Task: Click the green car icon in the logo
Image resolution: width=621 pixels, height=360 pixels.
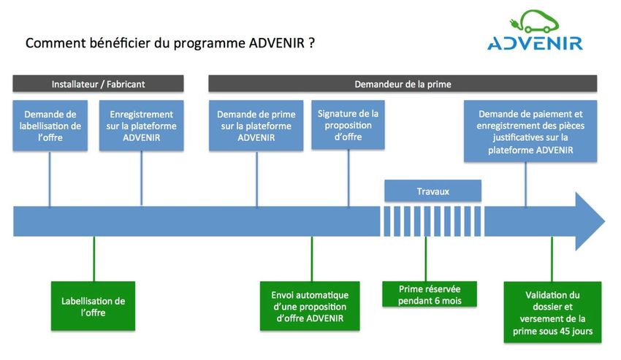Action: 534,21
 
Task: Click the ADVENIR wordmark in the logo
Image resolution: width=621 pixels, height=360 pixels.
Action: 535,43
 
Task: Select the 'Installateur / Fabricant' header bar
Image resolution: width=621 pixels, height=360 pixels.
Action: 98,84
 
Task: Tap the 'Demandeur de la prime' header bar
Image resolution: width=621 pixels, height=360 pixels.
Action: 403,84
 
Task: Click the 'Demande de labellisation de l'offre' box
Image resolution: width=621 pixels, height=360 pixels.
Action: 50,126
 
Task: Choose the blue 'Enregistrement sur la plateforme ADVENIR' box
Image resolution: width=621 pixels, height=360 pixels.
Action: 142,126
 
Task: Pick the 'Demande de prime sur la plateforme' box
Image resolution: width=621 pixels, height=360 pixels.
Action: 256,126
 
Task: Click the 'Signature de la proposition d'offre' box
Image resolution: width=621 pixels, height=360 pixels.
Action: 348,125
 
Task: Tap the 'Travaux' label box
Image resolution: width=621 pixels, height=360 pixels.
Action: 433,191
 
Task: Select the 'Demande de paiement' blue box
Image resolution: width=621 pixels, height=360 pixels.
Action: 530,131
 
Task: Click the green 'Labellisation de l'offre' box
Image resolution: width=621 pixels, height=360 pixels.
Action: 93,306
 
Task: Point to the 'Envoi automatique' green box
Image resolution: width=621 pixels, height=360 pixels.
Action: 310,306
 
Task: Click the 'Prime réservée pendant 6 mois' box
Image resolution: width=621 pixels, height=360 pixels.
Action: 430,294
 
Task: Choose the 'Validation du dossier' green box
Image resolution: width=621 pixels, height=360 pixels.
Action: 552,313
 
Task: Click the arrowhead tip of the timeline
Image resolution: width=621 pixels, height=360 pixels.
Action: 605,221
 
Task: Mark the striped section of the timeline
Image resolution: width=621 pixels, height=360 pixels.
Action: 433,221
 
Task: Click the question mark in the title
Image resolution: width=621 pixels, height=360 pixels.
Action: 311,43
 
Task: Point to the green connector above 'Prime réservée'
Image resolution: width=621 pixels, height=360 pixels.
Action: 426,259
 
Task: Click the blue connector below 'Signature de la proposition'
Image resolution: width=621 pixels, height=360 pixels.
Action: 348,178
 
